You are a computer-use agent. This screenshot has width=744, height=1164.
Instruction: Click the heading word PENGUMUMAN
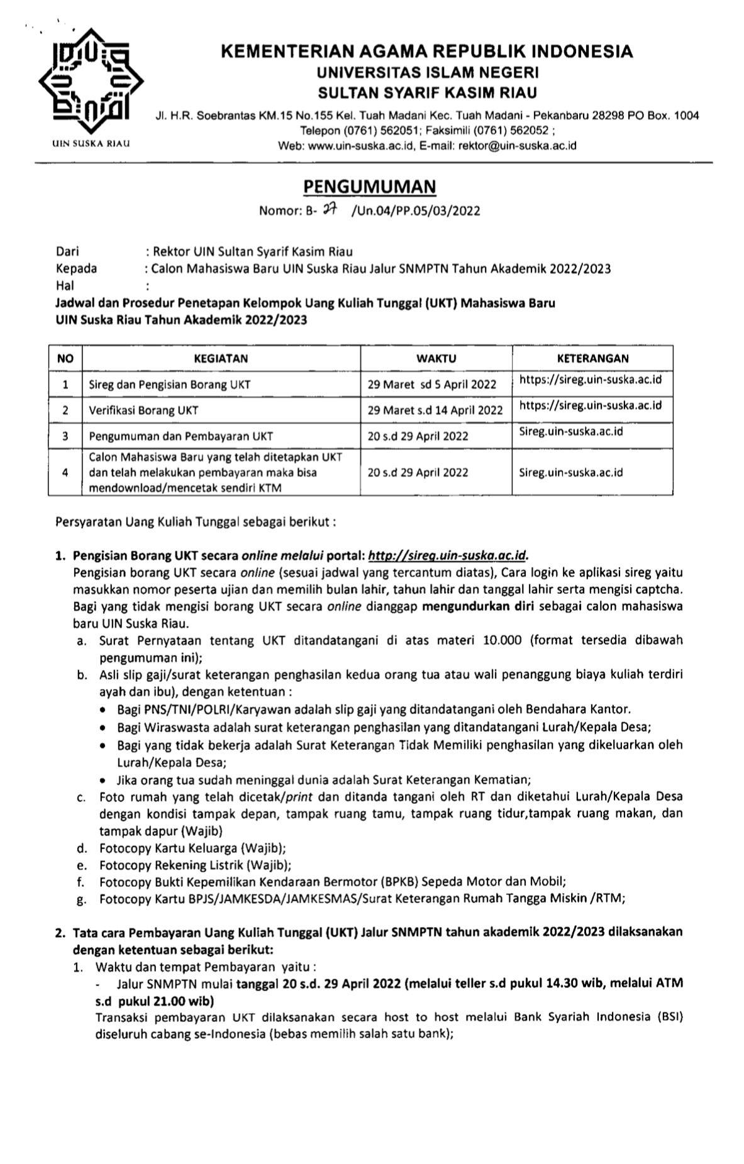370,187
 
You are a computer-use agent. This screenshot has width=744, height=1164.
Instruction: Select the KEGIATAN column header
221,358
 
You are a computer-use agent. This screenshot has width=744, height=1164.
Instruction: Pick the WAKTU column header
436,358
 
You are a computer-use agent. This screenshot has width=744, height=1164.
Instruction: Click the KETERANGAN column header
592,358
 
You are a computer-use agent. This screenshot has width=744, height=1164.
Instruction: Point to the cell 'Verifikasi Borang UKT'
143,410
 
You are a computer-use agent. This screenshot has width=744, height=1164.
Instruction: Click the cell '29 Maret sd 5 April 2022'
432,385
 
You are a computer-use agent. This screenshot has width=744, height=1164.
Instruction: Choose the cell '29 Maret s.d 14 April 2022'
435,410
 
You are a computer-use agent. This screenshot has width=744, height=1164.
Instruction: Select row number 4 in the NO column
65,473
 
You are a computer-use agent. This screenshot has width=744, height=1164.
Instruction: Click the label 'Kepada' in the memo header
77,268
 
